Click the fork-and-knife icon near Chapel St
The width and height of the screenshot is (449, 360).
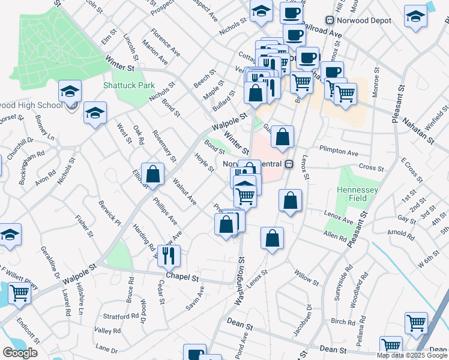coord(168,254)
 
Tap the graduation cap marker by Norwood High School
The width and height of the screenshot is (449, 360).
coord(70,92)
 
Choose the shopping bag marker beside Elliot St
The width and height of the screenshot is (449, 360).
coord(153,174)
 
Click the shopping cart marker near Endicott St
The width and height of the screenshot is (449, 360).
coord(19,294)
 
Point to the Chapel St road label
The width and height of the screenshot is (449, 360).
coord(182,278)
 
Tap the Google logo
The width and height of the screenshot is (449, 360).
coord(20,353)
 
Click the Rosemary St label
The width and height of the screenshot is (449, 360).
coord(163,146)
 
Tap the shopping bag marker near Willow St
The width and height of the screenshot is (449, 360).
coord(272,238)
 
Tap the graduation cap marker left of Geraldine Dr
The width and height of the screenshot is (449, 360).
coord(9,235)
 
